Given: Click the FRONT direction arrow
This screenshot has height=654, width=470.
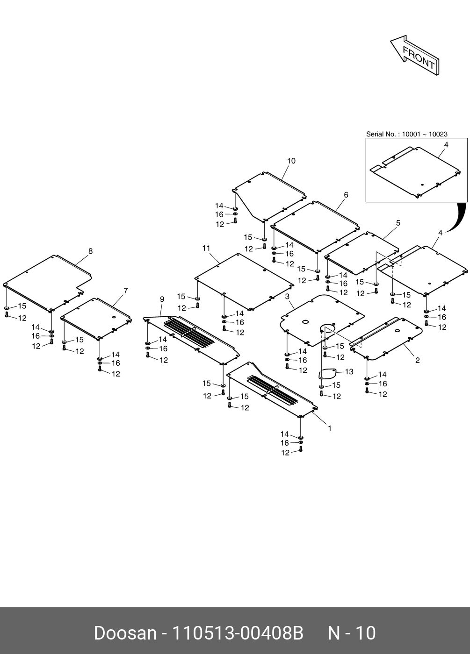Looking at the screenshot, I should click(415, 56).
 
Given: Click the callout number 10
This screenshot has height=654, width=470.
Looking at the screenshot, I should click(291, 161).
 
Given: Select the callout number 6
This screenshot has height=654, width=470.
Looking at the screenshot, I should click(346, 195).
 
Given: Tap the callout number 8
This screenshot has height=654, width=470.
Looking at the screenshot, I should click(90, 251).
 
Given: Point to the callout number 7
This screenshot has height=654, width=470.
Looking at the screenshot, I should click(125, 291).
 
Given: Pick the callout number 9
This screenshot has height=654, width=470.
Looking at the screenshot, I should click(162, 299).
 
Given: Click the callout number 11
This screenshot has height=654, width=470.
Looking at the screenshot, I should click(206, 249).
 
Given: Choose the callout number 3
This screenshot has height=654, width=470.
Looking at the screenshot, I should click(287, 297).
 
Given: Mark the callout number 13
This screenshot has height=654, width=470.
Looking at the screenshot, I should click(349, 372).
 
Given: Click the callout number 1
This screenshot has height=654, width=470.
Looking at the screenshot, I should click(330, 428).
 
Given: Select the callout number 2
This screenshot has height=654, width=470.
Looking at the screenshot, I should click(418, 360).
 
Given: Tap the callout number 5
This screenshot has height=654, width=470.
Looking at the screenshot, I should click(398, 223).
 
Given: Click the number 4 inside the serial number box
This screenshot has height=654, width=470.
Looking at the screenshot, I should click(446, 145).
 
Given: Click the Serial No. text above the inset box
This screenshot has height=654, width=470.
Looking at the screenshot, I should click(406, 134).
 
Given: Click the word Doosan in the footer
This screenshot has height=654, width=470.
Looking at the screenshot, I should click(125, 633).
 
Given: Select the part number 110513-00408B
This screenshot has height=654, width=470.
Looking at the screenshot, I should click(238, 633).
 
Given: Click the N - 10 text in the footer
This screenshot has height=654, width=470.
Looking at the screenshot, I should click(352, 633).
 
